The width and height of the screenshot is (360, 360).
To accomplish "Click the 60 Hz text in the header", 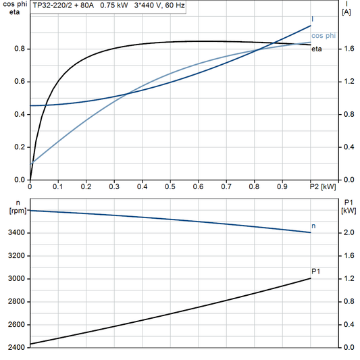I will tap(173, 5).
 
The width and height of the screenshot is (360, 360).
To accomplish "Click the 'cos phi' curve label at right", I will tap(322, 35).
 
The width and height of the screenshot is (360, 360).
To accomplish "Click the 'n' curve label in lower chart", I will tap(313, 225).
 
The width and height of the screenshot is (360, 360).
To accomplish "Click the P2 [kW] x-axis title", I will tap(322, 186).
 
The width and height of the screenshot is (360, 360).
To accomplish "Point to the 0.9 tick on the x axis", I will tap(282, 186).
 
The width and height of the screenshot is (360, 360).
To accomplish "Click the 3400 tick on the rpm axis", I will tap(16, 233).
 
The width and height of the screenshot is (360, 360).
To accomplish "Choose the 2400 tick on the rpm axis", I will tap(16, 347).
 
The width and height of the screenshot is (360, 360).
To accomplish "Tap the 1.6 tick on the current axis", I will tap(347, 49).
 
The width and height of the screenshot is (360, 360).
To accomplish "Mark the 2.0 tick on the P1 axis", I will tap(347, 233).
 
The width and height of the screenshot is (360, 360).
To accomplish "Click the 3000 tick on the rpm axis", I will tap(16, 279).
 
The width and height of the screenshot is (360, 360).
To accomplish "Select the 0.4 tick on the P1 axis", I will tap(347, 325).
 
